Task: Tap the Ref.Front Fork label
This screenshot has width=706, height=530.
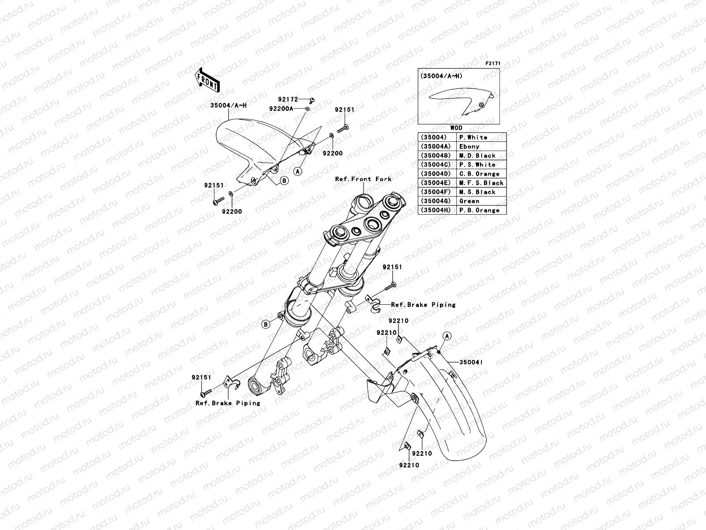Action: click(x=363, y=179)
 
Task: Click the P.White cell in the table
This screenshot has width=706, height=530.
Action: click(x=473, y=137)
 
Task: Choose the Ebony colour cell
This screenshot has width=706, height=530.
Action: click(x=469, y=147)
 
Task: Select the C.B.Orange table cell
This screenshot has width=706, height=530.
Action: click(x=479, y=174)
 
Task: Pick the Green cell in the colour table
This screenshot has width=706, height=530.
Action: click(x=469, y=201)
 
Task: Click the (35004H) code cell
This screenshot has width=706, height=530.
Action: click(x=436, y=210)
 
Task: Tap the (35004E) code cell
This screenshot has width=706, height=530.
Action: click(x=436, y=183)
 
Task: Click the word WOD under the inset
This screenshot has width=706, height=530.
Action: click(x=456, y=128)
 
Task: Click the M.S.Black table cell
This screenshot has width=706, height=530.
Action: click(x=477, y=192)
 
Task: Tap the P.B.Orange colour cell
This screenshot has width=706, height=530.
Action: click(x=479, y=210)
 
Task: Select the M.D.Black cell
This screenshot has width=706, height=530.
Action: click(x=477, y=155)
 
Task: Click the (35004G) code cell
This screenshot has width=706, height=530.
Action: click(x=436, y=201)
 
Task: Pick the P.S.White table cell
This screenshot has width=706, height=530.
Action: click(x=477, y=165)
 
